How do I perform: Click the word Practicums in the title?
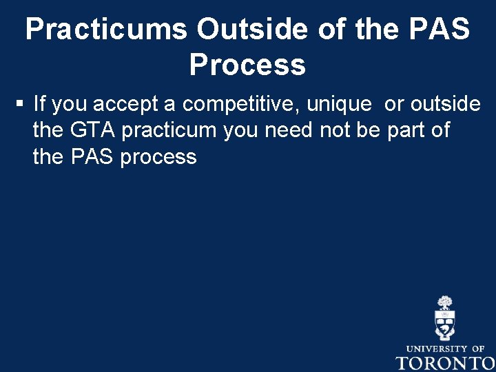pyautogui.click(x=105, y=30)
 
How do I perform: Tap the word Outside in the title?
pyautogui.click(x=252, y=30)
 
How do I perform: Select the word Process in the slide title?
pyautogui.click(x=247, y=65)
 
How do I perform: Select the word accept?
pyautogui.click(x=125, y=104)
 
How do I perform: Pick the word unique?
pyautogui.click(x=338, y=104)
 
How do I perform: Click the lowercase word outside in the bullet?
pyautogui.click(x=445, y=104)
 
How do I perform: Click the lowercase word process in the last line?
pyautogui.click(x=158, y=158)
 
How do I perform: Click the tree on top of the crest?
pyautogui.click(x=445, y=302)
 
